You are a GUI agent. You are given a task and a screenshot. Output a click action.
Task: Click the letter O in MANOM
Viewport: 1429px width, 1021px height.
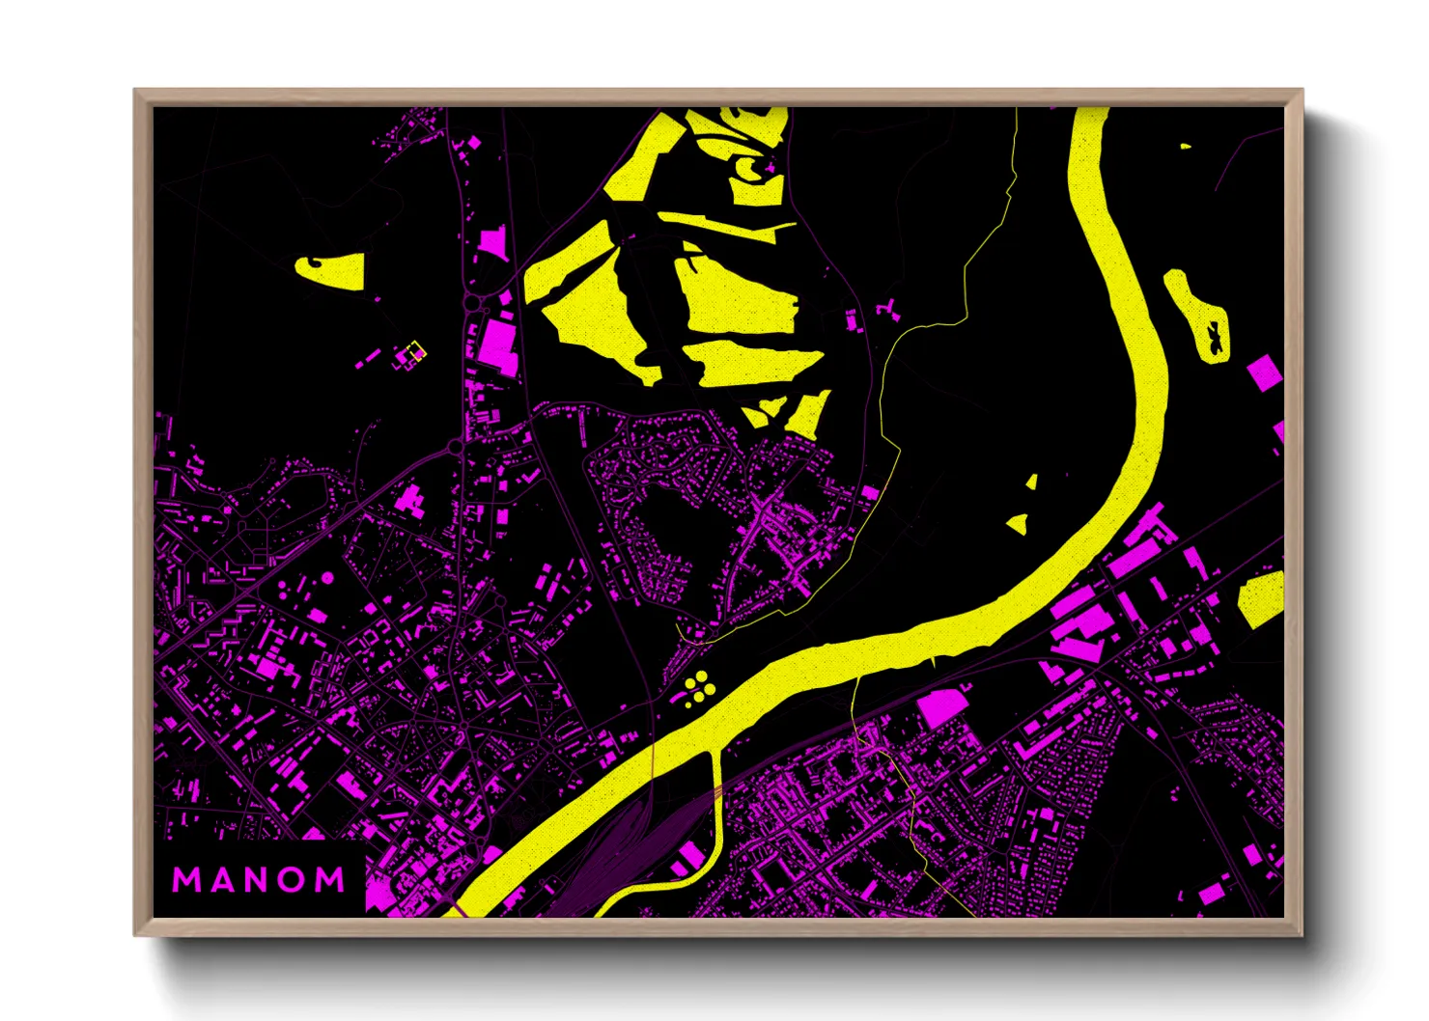click(x=294, y=879)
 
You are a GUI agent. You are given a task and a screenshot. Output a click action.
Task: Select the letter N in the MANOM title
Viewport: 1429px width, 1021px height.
click(x=256, y=879)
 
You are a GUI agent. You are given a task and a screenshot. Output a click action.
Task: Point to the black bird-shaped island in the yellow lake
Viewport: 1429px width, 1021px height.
click(x=1214, y=337)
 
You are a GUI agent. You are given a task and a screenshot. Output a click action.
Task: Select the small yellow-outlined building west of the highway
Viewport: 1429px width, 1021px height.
click(x=415, y=350)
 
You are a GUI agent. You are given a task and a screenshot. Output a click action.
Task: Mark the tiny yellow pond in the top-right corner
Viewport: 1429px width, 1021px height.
click(x=1185, y=147)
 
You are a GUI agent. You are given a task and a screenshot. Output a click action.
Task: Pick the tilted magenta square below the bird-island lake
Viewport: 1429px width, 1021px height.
click(x=1263, y=373)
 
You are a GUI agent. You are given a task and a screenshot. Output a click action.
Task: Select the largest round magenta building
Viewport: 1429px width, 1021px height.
click(x=327, y=578)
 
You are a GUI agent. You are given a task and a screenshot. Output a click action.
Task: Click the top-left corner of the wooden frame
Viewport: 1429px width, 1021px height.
click(x=136, y=92)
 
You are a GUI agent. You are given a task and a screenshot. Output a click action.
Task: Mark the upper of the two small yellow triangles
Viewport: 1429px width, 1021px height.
click(x=1031, y=482)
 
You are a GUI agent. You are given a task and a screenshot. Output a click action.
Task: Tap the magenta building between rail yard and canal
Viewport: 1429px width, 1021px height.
click(x=692, y=855)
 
